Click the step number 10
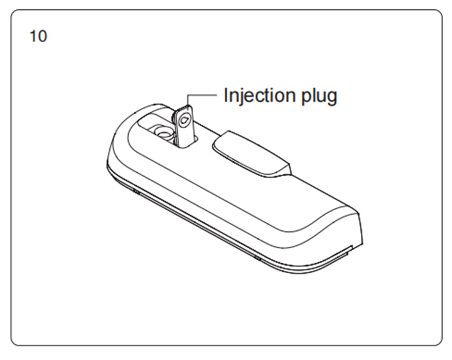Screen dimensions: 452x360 (38, 36)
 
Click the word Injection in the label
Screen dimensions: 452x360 (260, 95)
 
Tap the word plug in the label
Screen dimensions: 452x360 (319, 96)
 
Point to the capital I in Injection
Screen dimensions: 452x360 (226, 95)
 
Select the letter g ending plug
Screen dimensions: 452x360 (332, 98)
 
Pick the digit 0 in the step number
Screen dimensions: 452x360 (42, 36)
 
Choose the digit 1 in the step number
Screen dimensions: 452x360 (32, 36)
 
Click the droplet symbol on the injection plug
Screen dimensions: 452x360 (184, 120)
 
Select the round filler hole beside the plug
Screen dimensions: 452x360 (164, 134)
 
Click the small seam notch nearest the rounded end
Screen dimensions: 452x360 (136, 191)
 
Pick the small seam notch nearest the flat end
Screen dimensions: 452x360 (257, 258)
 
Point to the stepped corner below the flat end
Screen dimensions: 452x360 (350, 249)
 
